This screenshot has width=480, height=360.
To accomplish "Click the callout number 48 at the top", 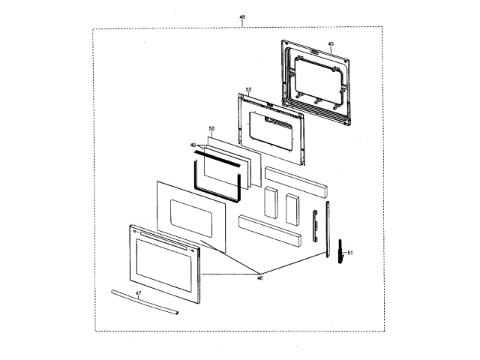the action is [241, 16].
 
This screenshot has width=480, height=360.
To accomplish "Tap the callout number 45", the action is [331, 44].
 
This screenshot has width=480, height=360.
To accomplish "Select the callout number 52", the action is [248, 89].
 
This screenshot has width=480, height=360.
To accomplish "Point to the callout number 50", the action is [211, 129].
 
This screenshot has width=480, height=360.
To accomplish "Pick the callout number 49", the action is [193, 145].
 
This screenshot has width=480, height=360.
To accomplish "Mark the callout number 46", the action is [259, 277].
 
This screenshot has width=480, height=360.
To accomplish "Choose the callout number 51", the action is [349, 253].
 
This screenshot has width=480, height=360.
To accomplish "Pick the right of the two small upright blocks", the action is [292, 207].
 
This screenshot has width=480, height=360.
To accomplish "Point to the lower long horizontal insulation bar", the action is [269, 232].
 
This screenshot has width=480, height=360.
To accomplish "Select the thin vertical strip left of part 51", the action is [327, 226].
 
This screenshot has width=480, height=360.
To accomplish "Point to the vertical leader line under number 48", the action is [241, 24].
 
